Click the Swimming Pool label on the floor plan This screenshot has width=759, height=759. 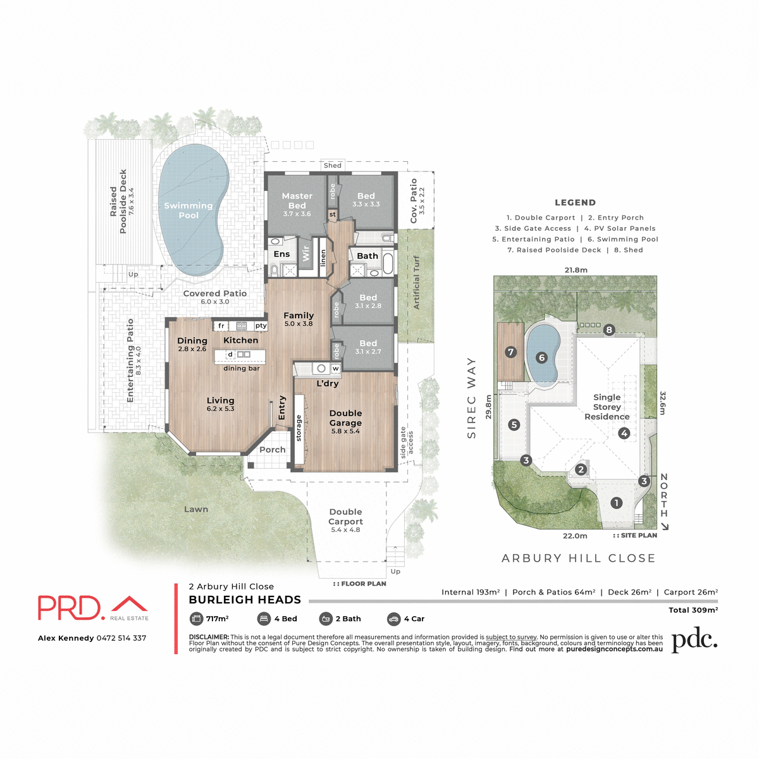tap(188, 210)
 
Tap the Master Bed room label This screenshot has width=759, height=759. tap(297, 201)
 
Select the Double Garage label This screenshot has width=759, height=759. tap(345, 418)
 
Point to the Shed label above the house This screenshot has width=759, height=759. tap(333, 166)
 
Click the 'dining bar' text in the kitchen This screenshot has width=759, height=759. tap(242, 368)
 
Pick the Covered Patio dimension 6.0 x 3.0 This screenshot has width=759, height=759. tap(215, 302)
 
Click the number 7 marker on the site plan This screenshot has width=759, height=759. tap(511, 352)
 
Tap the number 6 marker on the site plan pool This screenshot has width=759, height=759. tap(541, 357)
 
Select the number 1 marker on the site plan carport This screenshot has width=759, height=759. tap(616, 503)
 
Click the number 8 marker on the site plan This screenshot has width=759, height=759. tap(609, 330)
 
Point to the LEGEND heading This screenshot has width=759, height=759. tap(575, 202)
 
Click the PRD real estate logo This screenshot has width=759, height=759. tap(93, 608)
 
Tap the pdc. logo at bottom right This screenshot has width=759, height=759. tap(694, 640)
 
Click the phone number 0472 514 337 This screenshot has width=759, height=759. tap(121, 638)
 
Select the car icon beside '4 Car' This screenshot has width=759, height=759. tap(393, 619)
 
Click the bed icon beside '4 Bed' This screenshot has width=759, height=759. tap(264, 619)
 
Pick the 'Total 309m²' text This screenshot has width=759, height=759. tap(693, 610)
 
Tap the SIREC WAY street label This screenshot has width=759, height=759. tap(471, 398)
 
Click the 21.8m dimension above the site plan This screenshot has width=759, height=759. tap(576, 270)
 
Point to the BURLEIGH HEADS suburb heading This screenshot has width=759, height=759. tap(245, 600)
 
